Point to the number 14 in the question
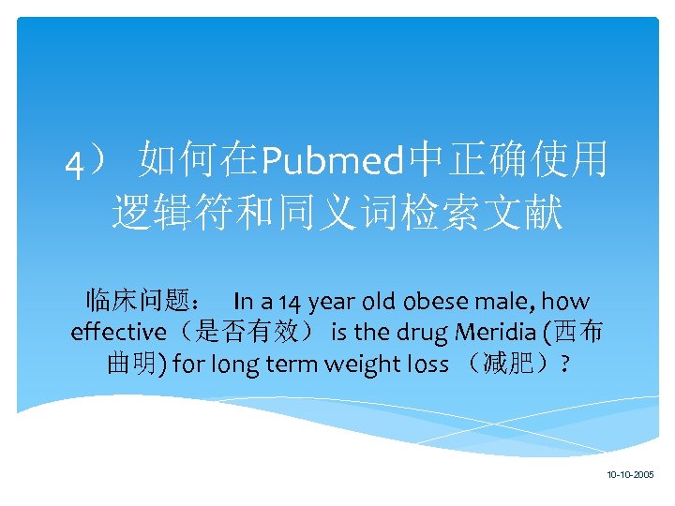(x=292, y=302)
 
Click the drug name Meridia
(x=498, y=333)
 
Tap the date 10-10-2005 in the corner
(x=630, y=475)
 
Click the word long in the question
(x=233, y=365)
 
